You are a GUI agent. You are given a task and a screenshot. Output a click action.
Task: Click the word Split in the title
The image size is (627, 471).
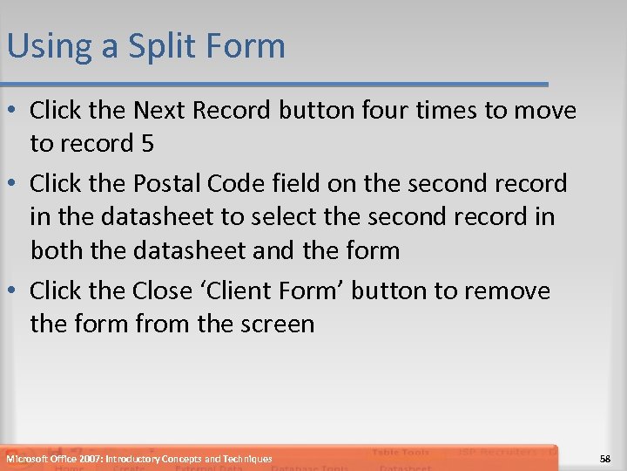(158, 46)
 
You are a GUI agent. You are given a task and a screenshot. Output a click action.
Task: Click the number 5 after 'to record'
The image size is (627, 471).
(147, 143)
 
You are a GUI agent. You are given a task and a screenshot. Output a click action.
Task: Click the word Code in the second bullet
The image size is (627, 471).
(250, 183)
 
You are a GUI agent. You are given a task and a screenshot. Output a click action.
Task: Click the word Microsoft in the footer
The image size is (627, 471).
(29, 459)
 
